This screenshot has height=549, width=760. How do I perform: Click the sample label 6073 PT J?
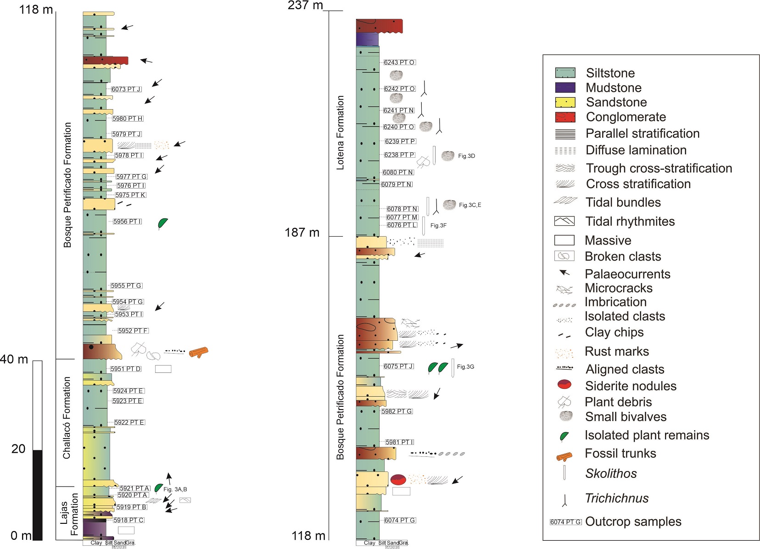click(x=126, y=89)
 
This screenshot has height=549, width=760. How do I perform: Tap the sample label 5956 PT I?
click(x=128, y=222)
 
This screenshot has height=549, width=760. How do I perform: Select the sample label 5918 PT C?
click(x=129, y=520)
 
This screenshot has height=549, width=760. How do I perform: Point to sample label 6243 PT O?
click(x=399, y=62)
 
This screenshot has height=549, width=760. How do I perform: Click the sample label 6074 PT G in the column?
click(x=400, y=520)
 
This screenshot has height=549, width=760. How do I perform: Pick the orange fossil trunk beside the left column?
click(x=198, y=352)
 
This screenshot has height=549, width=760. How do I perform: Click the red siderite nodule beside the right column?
click(x=398, y=480)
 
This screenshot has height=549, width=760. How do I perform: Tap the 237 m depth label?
click(x=305, y=6)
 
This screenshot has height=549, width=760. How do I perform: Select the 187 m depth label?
click(x=302, y=233)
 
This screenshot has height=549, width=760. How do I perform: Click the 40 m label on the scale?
click(x=14, y=359)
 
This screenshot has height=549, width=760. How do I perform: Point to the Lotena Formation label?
click(x=340, y=133)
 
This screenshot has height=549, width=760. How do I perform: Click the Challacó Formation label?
click(x=67, y=418)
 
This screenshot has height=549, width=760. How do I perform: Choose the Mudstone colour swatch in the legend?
click(x=565, y=88)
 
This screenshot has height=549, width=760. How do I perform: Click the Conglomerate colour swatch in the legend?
click(x=565, y=117)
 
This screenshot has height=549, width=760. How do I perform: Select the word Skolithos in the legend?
click(x=611, y=473)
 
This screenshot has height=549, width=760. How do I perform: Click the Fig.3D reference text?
click(x=466, y=156)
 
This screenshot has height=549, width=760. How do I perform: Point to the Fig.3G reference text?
click(x=465, y=367)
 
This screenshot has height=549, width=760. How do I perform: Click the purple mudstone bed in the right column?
click(x=367, y=39)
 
